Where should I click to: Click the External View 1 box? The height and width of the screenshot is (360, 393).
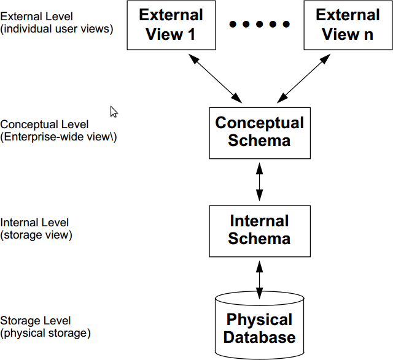[170, 25]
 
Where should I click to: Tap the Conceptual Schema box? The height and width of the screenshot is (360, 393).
[259, 131]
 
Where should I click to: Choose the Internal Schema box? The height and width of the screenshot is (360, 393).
[259, 230]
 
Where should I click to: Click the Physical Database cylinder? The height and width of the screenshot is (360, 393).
[259, 328]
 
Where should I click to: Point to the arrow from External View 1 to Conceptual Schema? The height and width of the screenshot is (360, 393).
[215, 77]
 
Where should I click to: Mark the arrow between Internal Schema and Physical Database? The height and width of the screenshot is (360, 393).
[259, 277]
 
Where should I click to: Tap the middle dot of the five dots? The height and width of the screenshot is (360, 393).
[260, 25]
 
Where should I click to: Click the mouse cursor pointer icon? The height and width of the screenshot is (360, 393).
[114, 111]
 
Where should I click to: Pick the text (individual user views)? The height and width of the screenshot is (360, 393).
[56, 28]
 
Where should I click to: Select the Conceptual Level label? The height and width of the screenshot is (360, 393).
[44, 125]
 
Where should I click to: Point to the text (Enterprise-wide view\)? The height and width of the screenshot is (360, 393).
[59, 137]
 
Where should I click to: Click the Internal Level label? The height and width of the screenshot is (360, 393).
[34, 223]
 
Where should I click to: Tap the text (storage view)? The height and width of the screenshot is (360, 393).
[36, 234]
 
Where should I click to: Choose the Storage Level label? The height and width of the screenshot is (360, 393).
[36, 321]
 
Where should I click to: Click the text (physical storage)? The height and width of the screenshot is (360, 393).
[45, 333]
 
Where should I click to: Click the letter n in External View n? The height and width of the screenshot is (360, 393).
[367, 35]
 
